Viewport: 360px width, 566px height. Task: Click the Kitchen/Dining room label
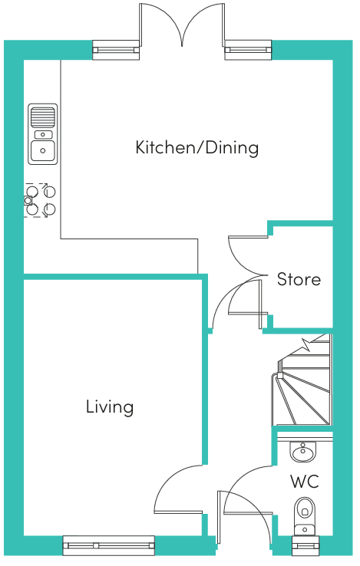(x=197, y=148)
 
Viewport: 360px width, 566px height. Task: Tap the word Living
(x=110, y=407)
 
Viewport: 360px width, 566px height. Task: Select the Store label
(x=299, y=279)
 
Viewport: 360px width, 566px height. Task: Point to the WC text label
(x=305, y=482)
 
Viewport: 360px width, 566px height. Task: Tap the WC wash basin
(x=303, y=451)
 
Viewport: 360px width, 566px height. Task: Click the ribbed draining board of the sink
(x=43, y=117)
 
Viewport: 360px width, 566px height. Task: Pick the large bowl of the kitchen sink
(x=43, y=151)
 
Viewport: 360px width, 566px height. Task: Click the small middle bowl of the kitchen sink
(x=43, y=135)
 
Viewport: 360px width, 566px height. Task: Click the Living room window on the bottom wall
(x=109, y=545)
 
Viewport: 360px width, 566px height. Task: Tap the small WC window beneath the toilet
(x=306, y=546)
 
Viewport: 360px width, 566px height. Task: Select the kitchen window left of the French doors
(x=116, y=50)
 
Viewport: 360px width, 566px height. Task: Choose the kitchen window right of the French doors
(x=248, y=50)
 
